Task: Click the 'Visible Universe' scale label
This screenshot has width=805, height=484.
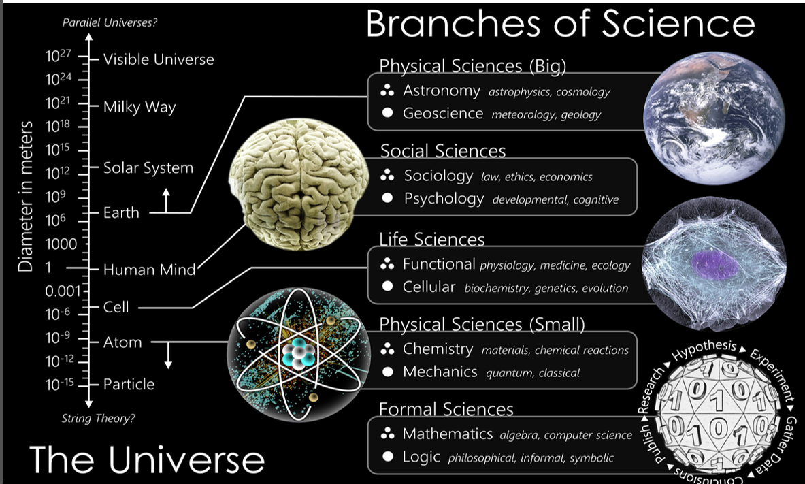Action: coord(159,59)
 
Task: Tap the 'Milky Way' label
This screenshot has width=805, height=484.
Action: coord(139,107)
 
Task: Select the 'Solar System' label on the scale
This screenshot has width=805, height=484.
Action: coord(148,168)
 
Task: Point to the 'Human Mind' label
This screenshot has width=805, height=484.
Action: coord(150,270)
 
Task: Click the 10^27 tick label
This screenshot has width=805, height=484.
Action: coord(58,56)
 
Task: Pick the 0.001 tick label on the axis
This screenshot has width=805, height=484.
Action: coord(63,291)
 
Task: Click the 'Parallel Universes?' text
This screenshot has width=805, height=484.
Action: coord(110,22)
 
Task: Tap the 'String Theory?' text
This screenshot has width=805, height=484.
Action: coord(99,418)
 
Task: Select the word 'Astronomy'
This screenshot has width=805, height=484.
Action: coord(442,91)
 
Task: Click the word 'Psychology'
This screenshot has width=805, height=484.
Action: coord(444,199)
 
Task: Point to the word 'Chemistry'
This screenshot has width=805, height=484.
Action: coord(438,349)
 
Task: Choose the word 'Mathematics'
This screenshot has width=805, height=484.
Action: coord(448,434)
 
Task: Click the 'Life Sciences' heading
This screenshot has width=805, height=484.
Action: coord(432,240)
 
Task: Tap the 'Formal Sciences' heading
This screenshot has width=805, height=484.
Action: coord(446,409)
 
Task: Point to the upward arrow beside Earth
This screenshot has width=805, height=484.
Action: coord(166,200)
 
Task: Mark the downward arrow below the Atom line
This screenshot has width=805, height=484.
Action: coord(168,355)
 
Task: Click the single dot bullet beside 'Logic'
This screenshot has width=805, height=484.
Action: coord(388,456)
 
